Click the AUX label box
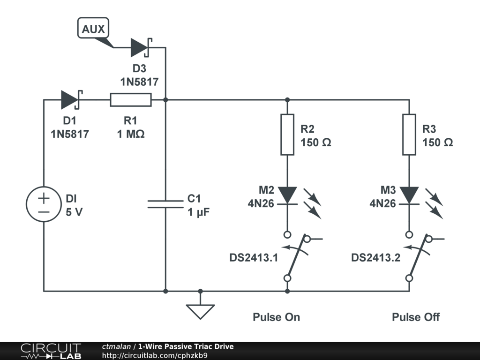pos(93,29)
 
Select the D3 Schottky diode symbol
pos(139,47)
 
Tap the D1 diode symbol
pos(70,100)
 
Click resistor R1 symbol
pos(131,100)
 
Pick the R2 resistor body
pos(287,134)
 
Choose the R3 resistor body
pos(409,134)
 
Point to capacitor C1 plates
pos(165,203)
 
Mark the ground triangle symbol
pos(200,311)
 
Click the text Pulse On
pos(276,317)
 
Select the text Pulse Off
pos(416,317)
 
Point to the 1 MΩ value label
pos(131,134)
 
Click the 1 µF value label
pos(198,211)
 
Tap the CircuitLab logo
pos(50,351)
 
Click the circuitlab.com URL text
pos(155,355)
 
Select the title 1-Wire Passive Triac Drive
pos(186,346)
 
